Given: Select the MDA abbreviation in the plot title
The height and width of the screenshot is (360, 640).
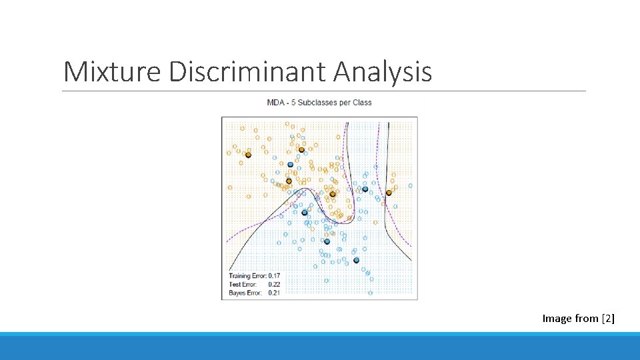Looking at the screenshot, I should [275, 103].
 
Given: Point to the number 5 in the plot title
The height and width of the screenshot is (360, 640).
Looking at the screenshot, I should [294, 103].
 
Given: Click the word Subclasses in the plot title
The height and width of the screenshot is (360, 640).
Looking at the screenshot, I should [318, 103].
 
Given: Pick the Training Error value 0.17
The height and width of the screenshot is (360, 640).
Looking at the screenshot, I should [274, 276].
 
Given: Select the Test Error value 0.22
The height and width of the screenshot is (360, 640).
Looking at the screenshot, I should [274, 285].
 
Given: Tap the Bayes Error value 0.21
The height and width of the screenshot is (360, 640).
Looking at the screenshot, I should [274, 293].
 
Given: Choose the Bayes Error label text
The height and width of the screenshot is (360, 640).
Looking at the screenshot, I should [245, 293].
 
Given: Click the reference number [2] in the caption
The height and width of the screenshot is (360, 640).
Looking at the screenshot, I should [608, 319].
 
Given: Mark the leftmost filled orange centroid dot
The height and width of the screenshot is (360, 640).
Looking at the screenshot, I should [248, 155].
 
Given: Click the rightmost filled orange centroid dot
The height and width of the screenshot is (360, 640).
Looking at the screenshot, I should [389, 193].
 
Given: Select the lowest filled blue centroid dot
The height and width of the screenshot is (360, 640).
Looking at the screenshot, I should [356, 260].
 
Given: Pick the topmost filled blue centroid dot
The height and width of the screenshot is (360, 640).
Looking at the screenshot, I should [290, 164].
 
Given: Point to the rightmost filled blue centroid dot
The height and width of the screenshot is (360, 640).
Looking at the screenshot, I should [365, 189].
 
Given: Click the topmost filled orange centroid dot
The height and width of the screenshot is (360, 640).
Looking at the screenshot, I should [301, 150].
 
